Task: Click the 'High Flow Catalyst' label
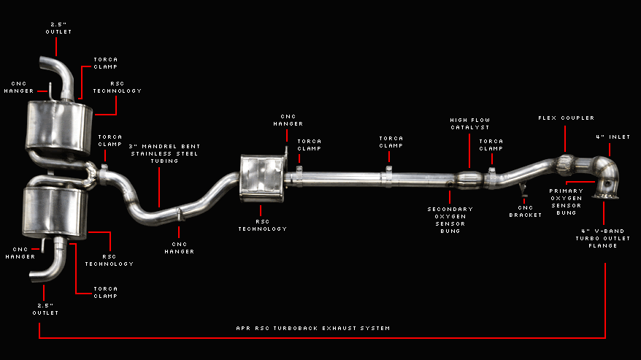click(469, 123)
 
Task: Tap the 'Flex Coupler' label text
click(566, 118)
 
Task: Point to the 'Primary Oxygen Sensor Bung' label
click(565, 201)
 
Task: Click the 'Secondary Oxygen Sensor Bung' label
click(450, 219)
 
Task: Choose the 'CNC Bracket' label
click(525, 211)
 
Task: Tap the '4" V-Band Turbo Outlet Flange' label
click(604, 239)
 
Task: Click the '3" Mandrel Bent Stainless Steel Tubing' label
click(164, 153)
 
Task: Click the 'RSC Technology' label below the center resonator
click(262, 225)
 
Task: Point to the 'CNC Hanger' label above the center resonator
click(288, 120)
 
